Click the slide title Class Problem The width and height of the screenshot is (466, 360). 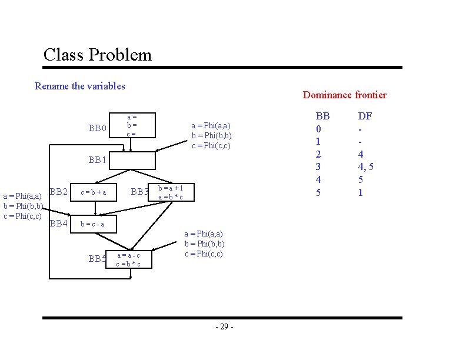click(97, 55)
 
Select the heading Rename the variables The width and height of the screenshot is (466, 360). click(80, 86)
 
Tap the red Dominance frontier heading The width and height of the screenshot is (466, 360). click(344, 95)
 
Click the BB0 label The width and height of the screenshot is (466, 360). click(98, 128)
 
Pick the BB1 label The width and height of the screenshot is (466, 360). click(98, 159)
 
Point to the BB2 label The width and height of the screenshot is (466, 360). click(60, 191)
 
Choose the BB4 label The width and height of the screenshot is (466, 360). click(59, 223)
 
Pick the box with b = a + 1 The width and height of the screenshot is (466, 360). click(171, 192)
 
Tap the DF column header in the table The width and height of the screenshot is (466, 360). click(365, 116)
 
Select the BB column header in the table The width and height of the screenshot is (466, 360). click(323, 116)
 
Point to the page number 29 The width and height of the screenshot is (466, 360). click(224, 326)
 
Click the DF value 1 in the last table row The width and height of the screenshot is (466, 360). click(361, 192)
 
